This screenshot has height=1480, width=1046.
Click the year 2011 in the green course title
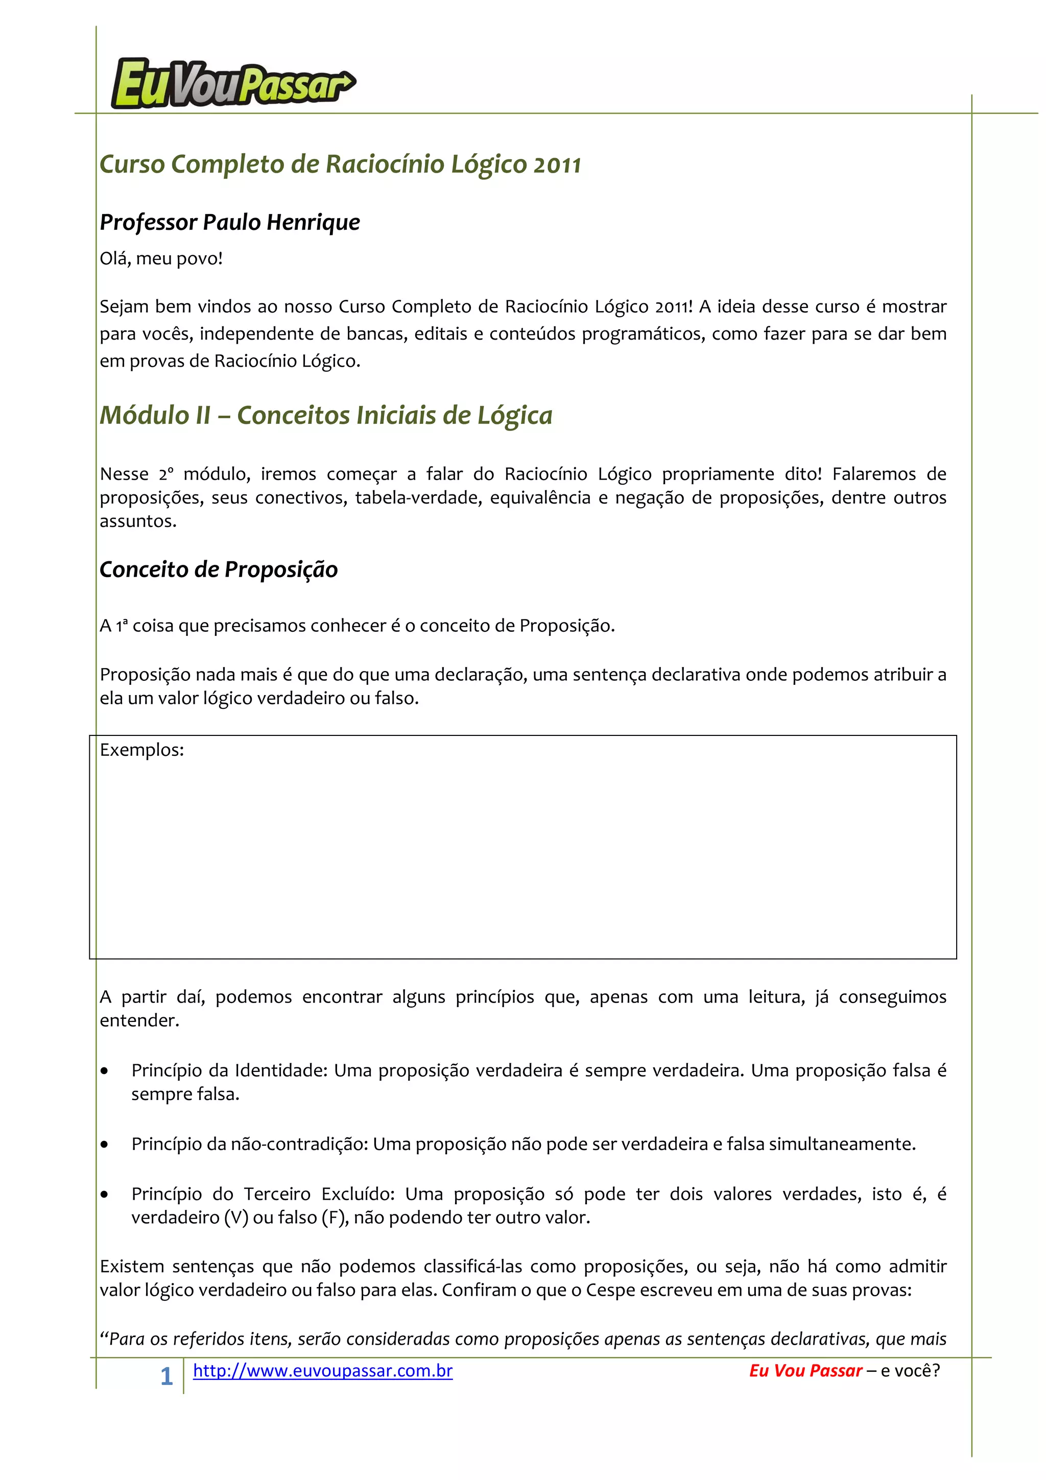[x=557, y=165]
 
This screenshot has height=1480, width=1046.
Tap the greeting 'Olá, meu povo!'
[x=161, y=258]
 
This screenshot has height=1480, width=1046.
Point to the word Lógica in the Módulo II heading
[x=514, y=416]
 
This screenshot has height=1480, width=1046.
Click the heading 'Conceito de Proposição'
[x=219, y=570]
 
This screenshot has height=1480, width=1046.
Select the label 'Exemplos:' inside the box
[x=142, y=750]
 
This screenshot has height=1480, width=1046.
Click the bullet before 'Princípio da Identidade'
[x=104, y=1071]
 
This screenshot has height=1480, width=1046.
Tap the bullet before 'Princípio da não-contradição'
[x=104, y=1145]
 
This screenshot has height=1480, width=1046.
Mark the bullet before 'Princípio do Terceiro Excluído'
[x=104, y=1195]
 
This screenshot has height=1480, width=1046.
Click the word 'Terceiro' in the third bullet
[x=277, y=1194]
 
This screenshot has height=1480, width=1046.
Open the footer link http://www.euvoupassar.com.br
[x=322, y=1370]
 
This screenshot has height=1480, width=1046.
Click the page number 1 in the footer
[x=167, y=1376]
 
